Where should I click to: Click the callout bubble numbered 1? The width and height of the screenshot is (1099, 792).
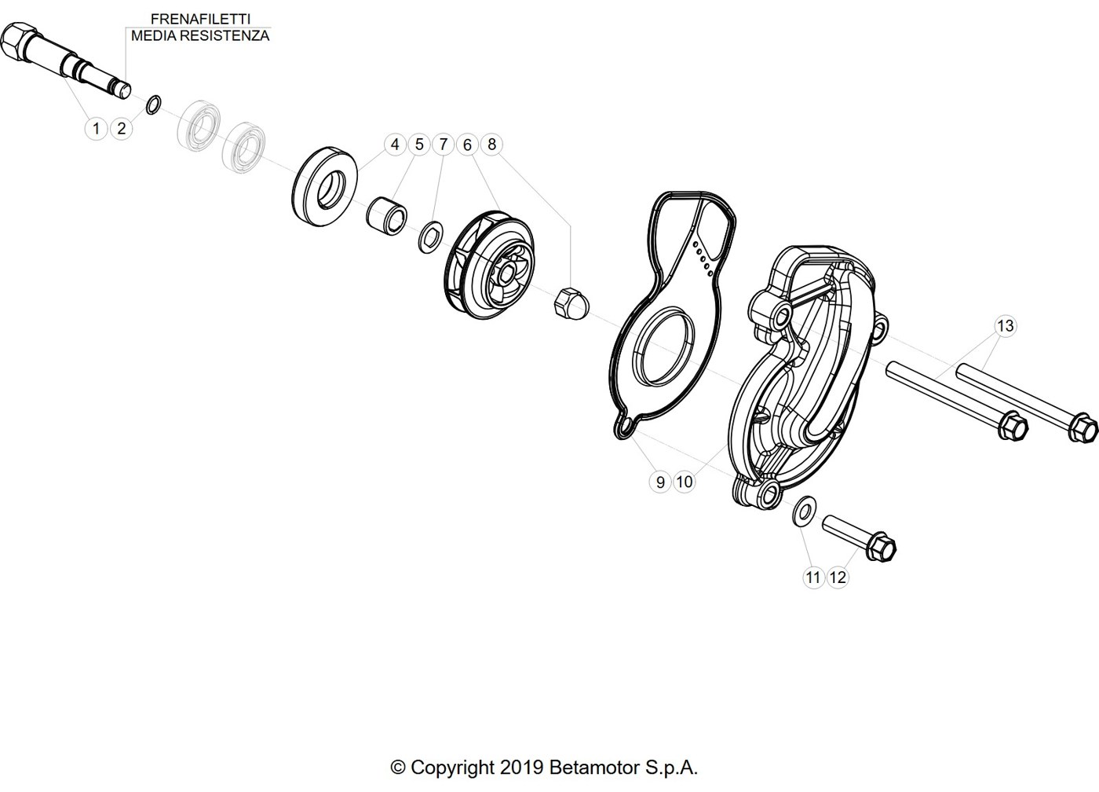pos(96,129)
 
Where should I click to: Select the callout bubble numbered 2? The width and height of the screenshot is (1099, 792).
pos(121,129)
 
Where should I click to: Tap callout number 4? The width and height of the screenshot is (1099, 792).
pos(395,145)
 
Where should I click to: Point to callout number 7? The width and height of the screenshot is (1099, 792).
pos(444,145)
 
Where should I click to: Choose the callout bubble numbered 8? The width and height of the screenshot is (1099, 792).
pos(491,145)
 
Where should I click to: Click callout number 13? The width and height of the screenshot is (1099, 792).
pos(1006,325)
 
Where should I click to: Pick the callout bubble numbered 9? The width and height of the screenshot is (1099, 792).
pos(660,482)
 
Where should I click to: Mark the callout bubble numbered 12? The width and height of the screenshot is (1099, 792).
pos(838,577)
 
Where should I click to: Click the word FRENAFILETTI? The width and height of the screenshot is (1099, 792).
pos(200,19)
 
